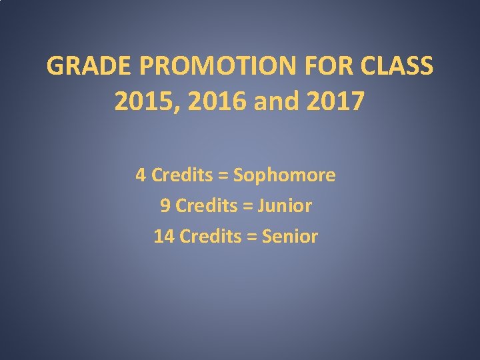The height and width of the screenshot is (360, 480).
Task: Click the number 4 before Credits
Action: [x=141, y=175]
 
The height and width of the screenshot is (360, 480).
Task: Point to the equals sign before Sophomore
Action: [x=221, y=176]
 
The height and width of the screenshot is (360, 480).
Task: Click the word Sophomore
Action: [x=285, y=176]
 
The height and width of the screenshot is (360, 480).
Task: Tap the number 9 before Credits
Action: [x=165, y=206]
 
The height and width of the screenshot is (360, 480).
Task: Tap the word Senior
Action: [x=290, y=236]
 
